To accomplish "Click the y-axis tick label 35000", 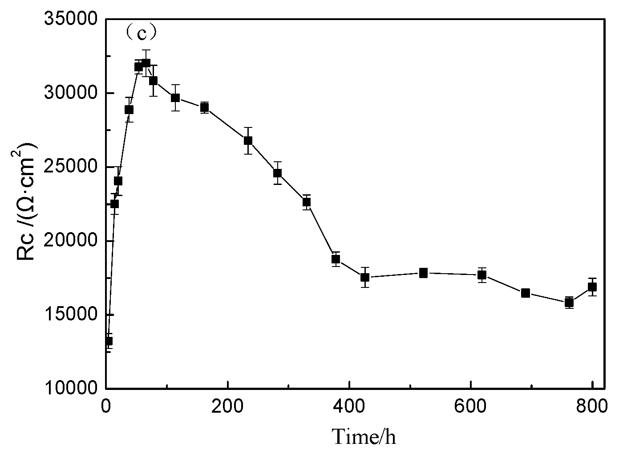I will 72,20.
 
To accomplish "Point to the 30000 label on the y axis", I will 72,93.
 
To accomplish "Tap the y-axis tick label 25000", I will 72,167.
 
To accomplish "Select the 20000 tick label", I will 72,241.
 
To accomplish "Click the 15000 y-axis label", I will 72,315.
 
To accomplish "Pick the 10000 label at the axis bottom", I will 72,388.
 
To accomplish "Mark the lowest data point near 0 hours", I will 108,341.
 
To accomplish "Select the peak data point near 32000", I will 146,63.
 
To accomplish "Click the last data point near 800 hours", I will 592,287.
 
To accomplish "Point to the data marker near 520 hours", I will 423,273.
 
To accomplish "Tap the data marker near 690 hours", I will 526,293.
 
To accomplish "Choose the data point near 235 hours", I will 248,140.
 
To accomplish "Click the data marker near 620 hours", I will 482,275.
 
